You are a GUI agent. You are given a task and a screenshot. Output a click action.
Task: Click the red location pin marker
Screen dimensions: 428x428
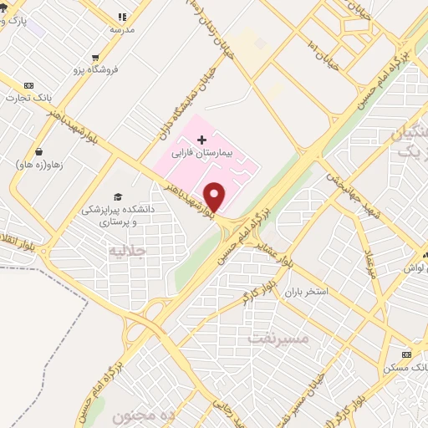pos(215,195)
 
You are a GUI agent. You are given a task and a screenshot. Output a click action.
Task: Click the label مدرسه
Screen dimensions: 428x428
pos(122,29)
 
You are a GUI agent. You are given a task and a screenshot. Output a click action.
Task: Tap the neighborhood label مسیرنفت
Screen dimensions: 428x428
pos(278,339)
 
